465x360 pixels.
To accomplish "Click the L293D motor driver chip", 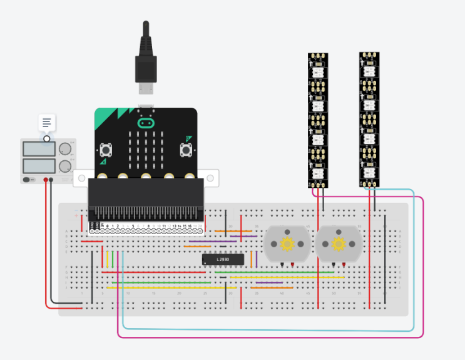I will click(x=218, y=259).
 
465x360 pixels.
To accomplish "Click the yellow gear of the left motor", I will click(x=287, y=244).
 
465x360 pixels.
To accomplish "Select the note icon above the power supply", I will click(x=47, y=122).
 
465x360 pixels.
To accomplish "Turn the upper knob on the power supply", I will click(x=65, y=149).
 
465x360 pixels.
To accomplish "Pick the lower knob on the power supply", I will click(x=65, y=167).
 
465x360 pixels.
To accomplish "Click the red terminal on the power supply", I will click(x=46, y=180).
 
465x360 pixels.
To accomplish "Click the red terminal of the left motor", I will click(x=293, y=266).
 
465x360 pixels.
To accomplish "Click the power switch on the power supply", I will click(x=27, y=180).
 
